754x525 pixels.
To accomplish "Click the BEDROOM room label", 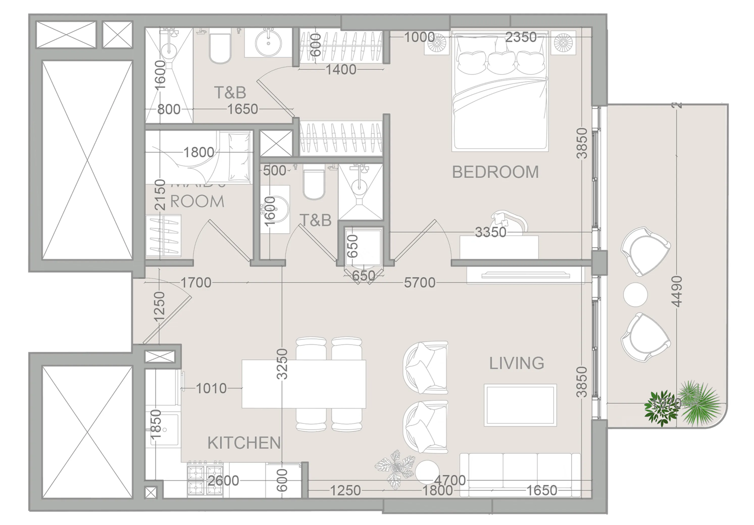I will tap(495, 172).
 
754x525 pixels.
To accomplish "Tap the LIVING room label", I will tap(517, 363).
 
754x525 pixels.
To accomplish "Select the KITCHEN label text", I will tap(244, 443).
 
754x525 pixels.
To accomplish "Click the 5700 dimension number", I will tap(419, 282).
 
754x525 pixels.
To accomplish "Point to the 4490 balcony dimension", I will tap(677, 291).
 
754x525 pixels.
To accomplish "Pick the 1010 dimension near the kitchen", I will tap(211, 388).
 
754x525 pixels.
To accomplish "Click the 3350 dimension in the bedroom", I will tap(491, 232).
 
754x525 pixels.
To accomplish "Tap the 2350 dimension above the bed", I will tap(520, 37).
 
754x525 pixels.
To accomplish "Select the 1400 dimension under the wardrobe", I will tap(341, 70).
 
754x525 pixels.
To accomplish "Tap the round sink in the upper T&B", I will tap(268, 43).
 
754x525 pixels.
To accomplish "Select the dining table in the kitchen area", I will tap(304, 384).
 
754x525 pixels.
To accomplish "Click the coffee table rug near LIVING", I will tap(520, 405).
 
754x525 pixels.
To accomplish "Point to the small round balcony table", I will tap(635, 294).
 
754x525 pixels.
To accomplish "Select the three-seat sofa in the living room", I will tap(520, 474).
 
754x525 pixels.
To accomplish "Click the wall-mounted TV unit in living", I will tap(525, 275).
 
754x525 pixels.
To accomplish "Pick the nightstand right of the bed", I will tap(563, 43).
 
